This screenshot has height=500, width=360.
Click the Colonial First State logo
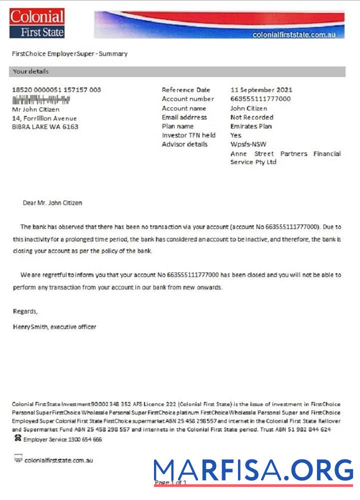tap(37, 23)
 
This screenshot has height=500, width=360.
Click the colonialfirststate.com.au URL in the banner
tap(297, 34)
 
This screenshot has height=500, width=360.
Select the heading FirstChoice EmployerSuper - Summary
tap(69, 53)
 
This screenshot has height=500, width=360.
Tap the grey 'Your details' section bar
tap(177, 71)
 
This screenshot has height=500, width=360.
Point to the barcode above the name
tap(41, 99)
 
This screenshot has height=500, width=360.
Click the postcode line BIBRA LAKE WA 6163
tap(45, 127)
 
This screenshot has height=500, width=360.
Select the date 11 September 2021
tap(261, 90)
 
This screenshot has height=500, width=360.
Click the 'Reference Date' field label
tap(186, 90)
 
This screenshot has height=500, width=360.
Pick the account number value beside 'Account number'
tap(260, 99)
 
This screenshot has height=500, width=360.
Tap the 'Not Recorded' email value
tap(251, 117)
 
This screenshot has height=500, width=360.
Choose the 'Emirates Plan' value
tap(251, 126)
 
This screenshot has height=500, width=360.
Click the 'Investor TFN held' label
tap(188, 135)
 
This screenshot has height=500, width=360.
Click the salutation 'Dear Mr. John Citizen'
tap(52, 203)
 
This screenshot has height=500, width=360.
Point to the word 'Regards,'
tap(25, 311)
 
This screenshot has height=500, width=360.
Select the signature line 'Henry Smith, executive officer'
tap(54, 327)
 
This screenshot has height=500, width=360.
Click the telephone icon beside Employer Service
tap(18, 438)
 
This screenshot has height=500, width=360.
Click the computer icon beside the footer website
tap(18, 458)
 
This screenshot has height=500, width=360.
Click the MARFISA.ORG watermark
tap(253, 471)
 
